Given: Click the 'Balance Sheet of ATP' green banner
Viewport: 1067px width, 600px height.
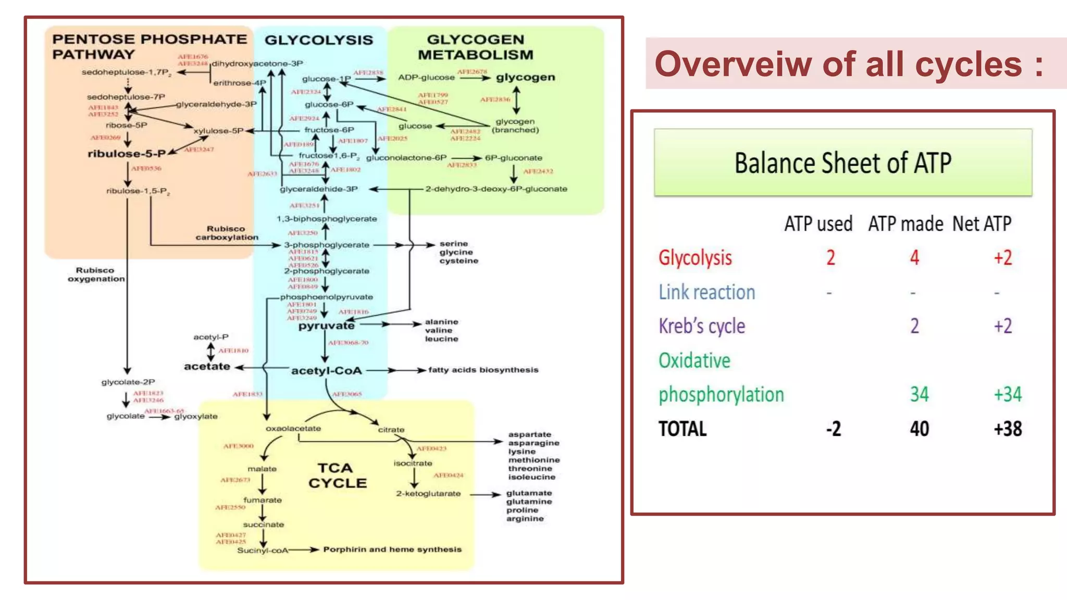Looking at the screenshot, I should coord(842,162).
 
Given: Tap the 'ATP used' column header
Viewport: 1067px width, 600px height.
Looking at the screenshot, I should coord(818,224).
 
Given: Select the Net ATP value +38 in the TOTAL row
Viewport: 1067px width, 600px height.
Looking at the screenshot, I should coord(1008,429).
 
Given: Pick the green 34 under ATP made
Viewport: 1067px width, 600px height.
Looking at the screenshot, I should coord(919,394).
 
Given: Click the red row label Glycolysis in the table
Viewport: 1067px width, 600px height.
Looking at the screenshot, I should coord(695,258).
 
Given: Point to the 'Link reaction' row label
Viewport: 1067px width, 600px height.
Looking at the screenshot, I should coord(706,292).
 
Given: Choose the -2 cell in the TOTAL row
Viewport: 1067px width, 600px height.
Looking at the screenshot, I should coord(833,429).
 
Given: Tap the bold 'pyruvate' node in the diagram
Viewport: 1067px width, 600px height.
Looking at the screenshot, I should coord(326,326).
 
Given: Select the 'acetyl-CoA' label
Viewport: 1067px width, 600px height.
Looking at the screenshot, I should coord(326,371).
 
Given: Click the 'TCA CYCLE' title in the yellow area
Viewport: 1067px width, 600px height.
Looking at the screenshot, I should coord(337,476).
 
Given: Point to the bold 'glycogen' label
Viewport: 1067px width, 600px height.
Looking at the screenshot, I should coord(525,78).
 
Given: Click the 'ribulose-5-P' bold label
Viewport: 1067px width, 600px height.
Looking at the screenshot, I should coord(127,154).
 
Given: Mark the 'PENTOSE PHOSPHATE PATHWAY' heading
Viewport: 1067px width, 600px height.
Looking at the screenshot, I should coord(149,46).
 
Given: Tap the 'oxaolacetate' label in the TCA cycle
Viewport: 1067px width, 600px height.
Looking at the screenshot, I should coord(293,429).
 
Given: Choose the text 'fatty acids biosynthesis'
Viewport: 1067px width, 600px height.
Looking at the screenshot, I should coord(483,370).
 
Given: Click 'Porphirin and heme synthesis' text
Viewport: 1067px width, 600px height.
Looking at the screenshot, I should coord(392,549).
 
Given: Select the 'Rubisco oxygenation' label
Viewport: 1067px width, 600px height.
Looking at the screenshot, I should coord(96,274).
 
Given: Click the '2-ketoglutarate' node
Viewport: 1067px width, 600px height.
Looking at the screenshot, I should coord(428,494).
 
